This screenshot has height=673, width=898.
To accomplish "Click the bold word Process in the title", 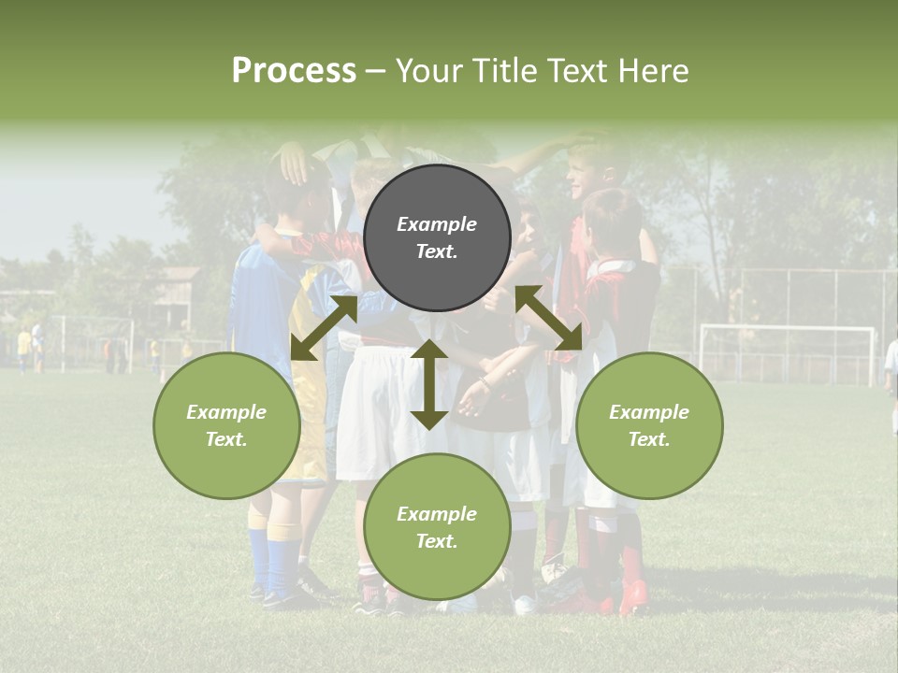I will click(x=294, y=71).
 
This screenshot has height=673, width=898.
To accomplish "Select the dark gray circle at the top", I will click(x=437, y=237).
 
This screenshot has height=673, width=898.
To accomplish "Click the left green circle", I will click(x=226, y=425).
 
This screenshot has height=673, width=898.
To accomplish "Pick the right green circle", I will click(x=649, y=425).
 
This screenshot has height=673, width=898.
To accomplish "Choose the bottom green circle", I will click(x=437, y=526).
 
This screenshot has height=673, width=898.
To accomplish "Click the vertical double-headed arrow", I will click(x=428, y=384).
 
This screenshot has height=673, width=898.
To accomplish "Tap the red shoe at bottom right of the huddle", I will click(x=633, y=596).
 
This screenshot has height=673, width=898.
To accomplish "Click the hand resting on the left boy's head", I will click(x=296, y=164).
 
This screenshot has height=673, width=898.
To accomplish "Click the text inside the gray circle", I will click(x=437, y=237).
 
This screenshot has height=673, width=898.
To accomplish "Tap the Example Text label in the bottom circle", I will click(x=437, y=527).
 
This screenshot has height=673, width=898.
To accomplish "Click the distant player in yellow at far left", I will click(x=24, y=348).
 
